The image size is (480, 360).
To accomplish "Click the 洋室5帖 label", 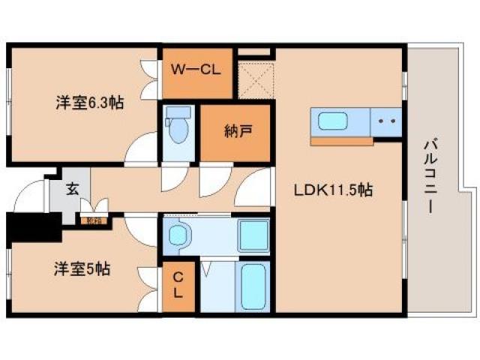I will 81,268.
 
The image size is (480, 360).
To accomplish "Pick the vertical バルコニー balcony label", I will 431,175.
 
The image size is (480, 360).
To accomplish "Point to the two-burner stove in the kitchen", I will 386,121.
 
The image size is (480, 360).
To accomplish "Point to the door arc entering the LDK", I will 257,187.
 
